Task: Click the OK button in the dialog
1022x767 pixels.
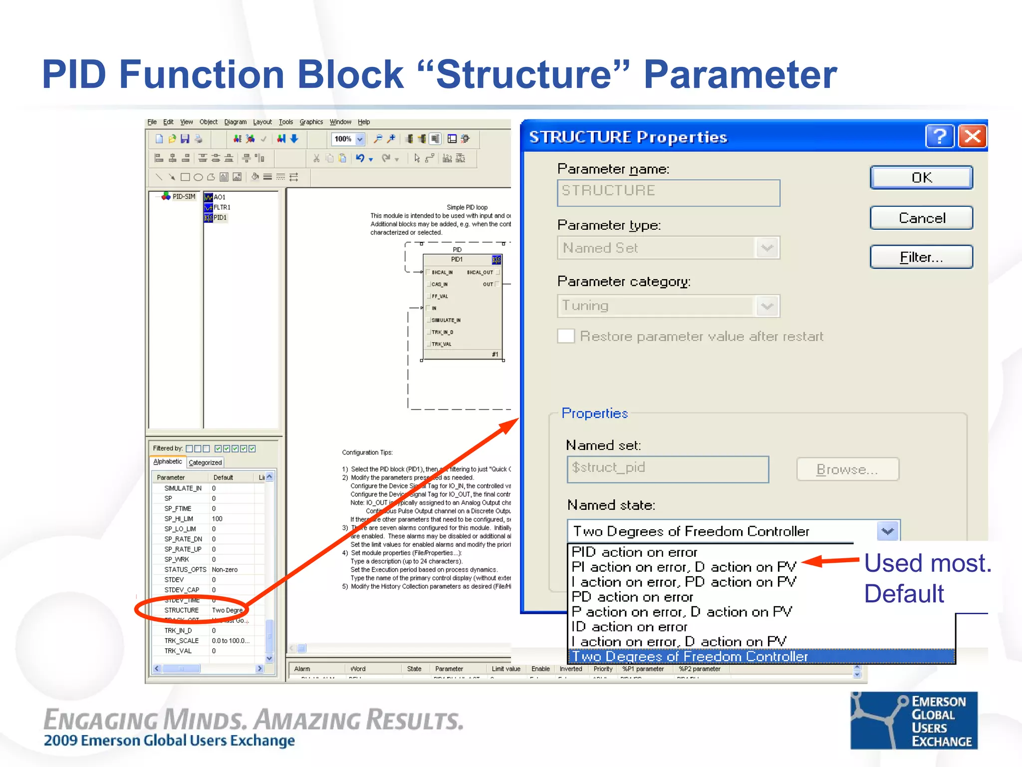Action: [x=921, y=178]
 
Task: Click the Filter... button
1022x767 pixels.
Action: [x=921, y=257]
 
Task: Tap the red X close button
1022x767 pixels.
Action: [x=973, y=136]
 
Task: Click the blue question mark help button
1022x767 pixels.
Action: [x=940, y=136]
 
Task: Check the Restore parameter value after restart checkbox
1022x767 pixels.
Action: [x=566, y=336]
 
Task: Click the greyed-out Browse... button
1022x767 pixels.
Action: [x=847, y=469]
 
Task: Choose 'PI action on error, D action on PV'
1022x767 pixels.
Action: [x=684, y=567]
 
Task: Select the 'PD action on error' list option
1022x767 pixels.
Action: [x=632, y=597]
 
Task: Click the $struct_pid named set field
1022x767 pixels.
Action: [x=667, y=468]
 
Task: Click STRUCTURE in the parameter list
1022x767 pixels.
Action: [x=182, y=610]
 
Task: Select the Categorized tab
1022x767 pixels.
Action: [x=205, y=463]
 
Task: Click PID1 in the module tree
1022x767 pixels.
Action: [x=220, y=218]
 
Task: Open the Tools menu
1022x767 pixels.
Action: [x=285, y=122]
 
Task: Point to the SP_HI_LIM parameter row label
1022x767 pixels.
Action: [x=179, y=519]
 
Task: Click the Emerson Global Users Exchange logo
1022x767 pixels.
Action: [x=914, y=721]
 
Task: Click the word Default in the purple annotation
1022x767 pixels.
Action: [x=904, y=594]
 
